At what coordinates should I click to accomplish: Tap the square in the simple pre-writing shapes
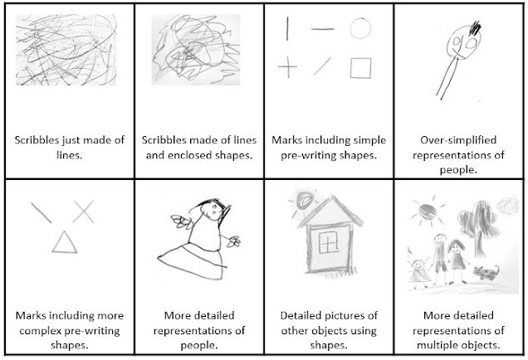359,66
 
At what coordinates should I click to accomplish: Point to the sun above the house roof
301,200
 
